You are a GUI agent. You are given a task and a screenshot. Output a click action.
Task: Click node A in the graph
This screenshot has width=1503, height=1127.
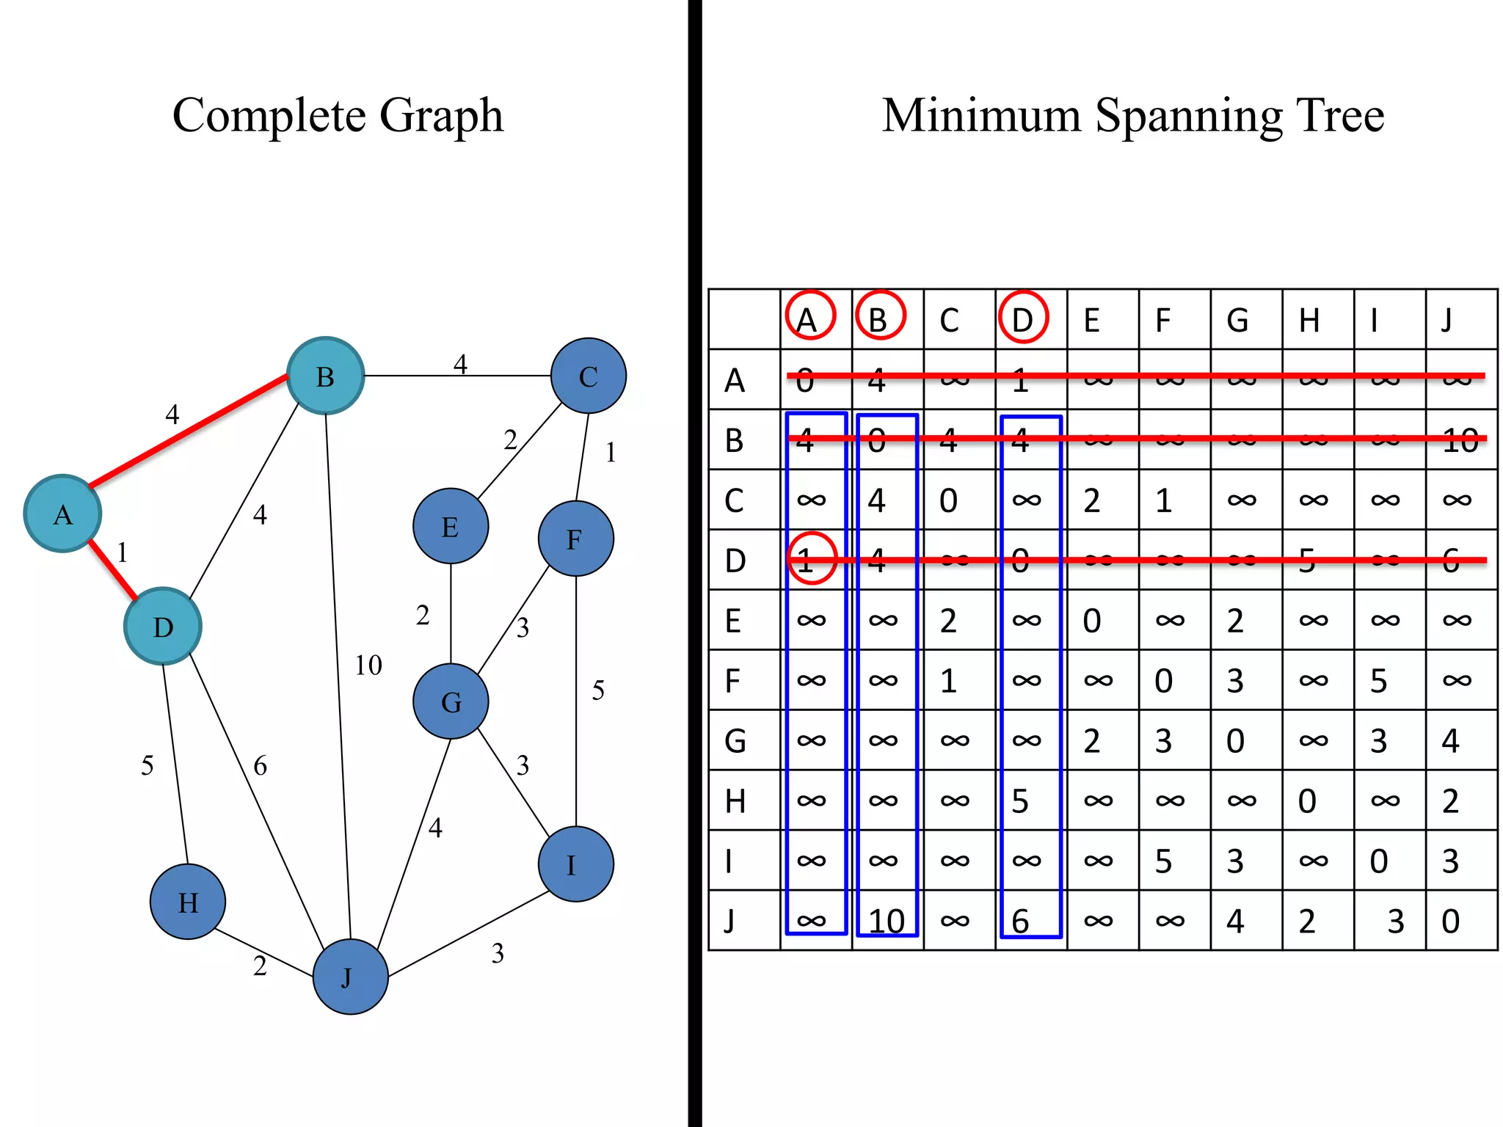(x=62, y=514)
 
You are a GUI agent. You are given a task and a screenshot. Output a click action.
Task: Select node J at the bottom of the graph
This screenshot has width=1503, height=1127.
(x=350, y=977)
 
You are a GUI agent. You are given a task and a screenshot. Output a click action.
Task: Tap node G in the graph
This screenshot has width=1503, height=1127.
(x=451, y=701)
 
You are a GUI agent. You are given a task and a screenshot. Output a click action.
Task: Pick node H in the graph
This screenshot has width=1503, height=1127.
(x=188, y=901)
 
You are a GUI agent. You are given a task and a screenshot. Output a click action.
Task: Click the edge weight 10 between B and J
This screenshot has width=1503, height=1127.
(x=368, y=665)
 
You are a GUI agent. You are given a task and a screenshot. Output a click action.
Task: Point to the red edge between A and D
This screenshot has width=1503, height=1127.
(x=112, y=569)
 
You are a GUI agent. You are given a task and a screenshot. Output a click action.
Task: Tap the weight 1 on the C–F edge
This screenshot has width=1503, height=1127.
(x=611, y=453)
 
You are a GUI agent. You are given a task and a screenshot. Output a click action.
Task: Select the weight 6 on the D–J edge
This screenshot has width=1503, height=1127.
(x=260, y=766)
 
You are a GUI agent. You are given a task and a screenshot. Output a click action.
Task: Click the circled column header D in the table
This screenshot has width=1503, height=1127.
(x=1022, y=318)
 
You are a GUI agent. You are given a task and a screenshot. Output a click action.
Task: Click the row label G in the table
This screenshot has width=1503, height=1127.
(x=735, y=740)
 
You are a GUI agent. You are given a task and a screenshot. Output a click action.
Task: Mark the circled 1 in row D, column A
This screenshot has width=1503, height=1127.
(x=811, y=559)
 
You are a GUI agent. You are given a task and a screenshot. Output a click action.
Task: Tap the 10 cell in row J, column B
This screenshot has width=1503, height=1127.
(x=886, y=921)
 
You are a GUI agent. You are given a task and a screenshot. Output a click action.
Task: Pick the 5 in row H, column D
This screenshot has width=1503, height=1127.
(x=1020, y=801)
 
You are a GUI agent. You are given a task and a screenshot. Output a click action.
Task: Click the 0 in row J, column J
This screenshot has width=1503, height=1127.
(x=1450, y=921)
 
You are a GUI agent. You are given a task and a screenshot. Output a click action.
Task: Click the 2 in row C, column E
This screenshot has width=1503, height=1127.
(x=1091, y=500)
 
